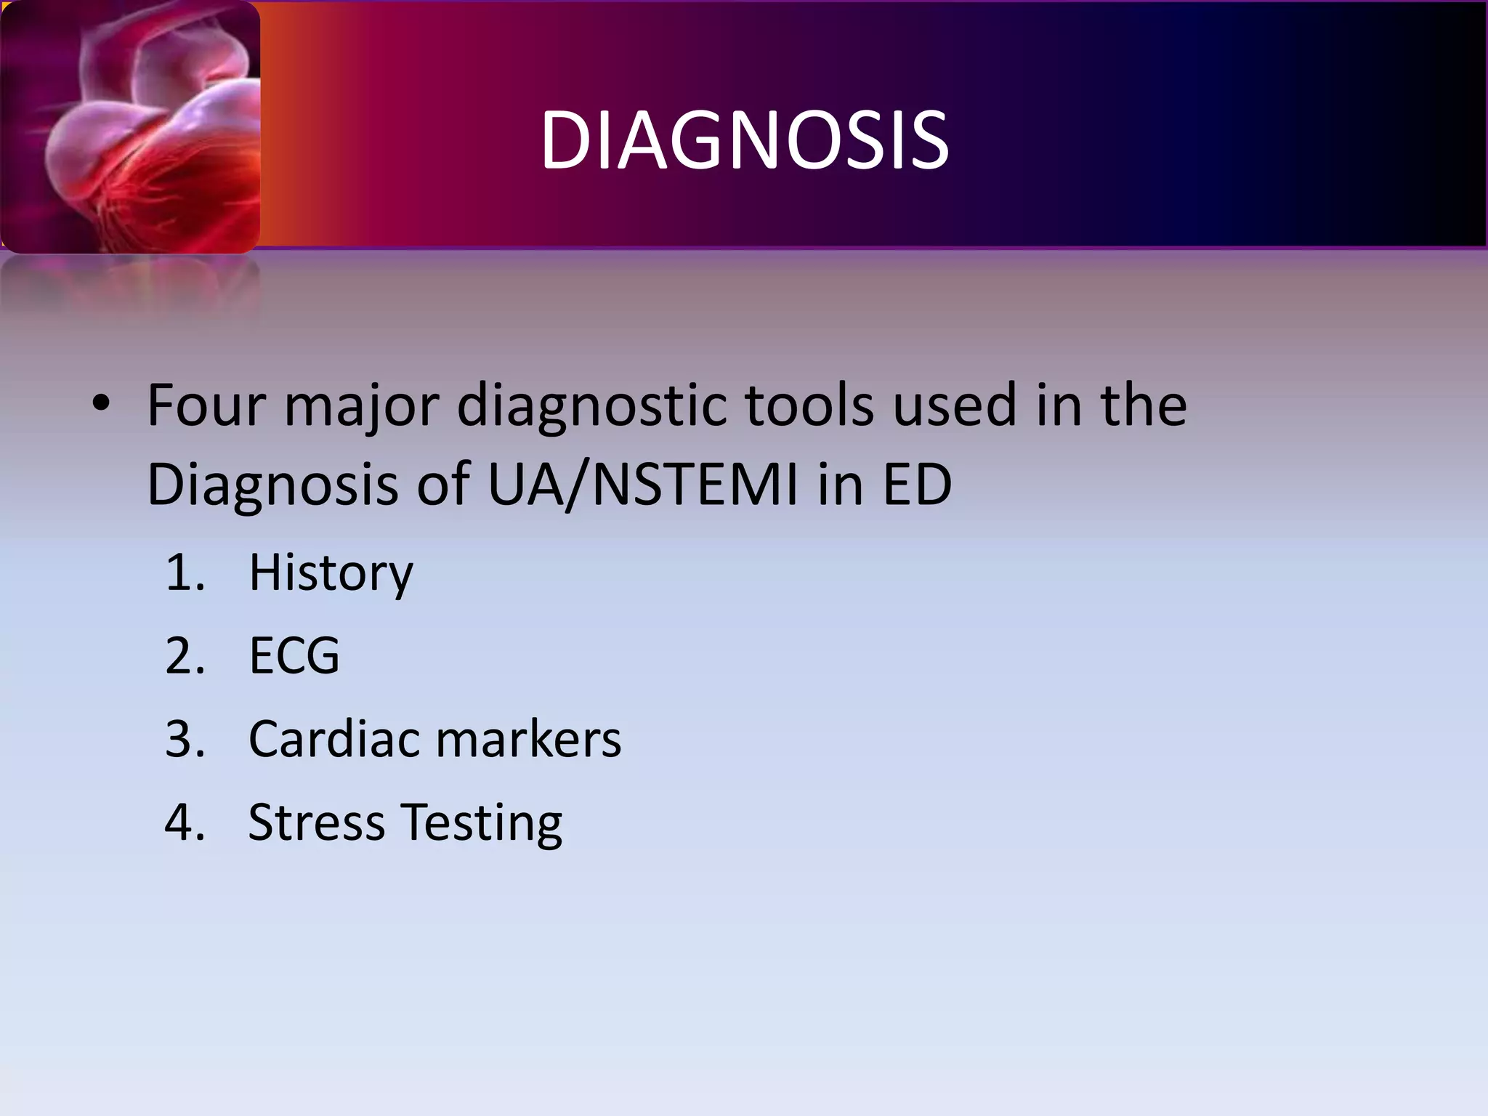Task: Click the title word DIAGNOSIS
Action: [744, 140]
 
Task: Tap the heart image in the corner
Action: [131, 127]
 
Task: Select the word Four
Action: [206, 405]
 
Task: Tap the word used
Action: [954, 405]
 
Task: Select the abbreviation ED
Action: [917, 485]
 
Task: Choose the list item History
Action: [331, 573]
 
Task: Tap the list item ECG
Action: [294, 656]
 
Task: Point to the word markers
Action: [528, 739]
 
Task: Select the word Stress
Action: [316, 822]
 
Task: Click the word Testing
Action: [482, 824]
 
